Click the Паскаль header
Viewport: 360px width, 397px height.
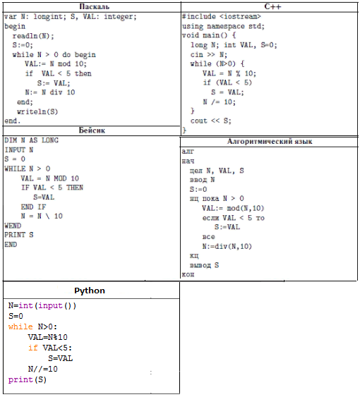click(x=95, y=6)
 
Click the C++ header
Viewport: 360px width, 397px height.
click(x=272, y=6)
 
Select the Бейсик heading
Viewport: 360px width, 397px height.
click(x=92, y=130)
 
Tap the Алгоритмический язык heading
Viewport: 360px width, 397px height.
click(x=270, y=141)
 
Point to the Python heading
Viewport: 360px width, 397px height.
click(x=90, y=291)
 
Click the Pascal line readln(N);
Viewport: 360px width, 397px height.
click(x=33, y=36)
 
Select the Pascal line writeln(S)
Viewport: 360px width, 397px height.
click(x=37, y=111)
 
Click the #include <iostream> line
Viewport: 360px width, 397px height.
click(x=222, y=17)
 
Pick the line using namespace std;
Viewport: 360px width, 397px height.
click(x=223, y=26)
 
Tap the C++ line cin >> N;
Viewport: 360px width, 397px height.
click(x=209, y=54)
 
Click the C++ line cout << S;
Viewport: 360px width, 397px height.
click(x=210, y=121)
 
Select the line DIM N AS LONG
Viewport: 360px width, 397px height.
click(x=31, y=140)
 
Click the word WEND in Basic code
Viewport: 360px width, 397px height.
click(x=13, y=226)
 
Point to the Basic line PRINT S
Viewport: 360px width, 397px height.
click(x=19, y=235)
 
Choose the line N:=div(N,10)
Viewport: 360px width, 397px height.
click(x=227, y=246)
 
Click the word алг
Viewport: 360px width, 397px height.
click(x=188, y=152)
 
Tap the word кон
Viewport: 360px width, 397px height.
click(x=188, y=274)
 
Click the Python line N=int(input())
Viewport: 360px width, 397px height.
click(x=42, y=305)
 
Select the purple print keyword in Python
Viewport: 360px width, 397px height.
click(x=20, y=379)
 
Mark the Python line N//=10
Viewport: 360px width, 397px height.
click(x=43, y=369)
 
